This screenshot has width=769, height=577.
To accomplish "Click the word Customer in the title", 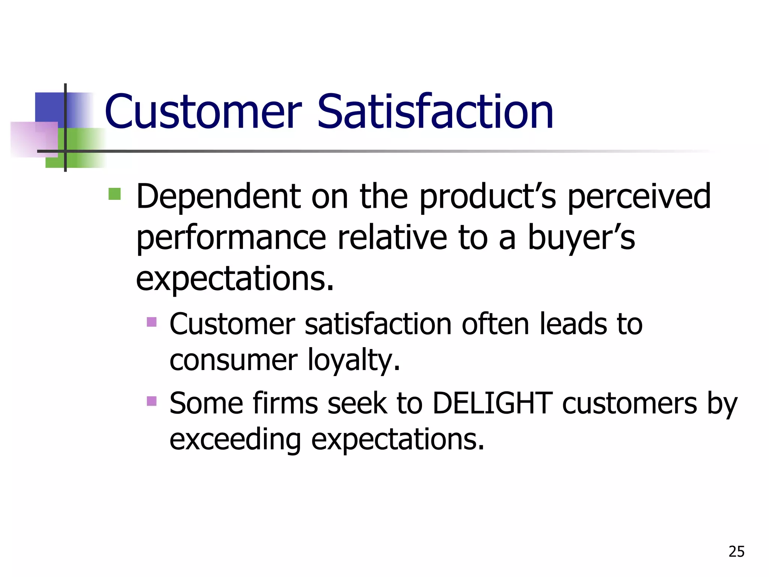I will point(203,112).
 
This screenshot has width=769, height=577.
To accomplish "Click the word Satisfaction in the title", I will point(436,112).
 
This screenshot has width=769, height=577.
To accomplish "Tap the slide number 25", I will point(736,551).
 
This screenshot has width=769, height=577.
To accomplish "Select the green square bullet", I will point(115,194).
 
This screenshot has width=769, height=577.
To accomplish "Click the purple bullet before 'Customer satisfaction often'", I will point(152,322).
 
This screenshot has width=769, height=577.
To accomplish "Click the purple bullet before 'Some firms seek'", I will point(152,401).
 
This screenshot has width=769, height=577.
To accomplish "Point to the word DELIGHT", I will point(492,403).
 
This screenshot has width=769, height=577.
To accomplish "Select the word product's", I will point(487,197).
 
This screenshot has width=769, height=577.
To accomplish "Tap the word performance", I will point(231,239).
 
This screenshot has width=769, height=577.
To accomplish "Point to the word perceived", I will point(639,197).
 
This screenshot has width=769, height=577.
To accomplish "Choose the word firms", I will point(285,403).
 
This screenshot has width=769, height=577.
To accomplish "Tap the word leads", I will point(573,324).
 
